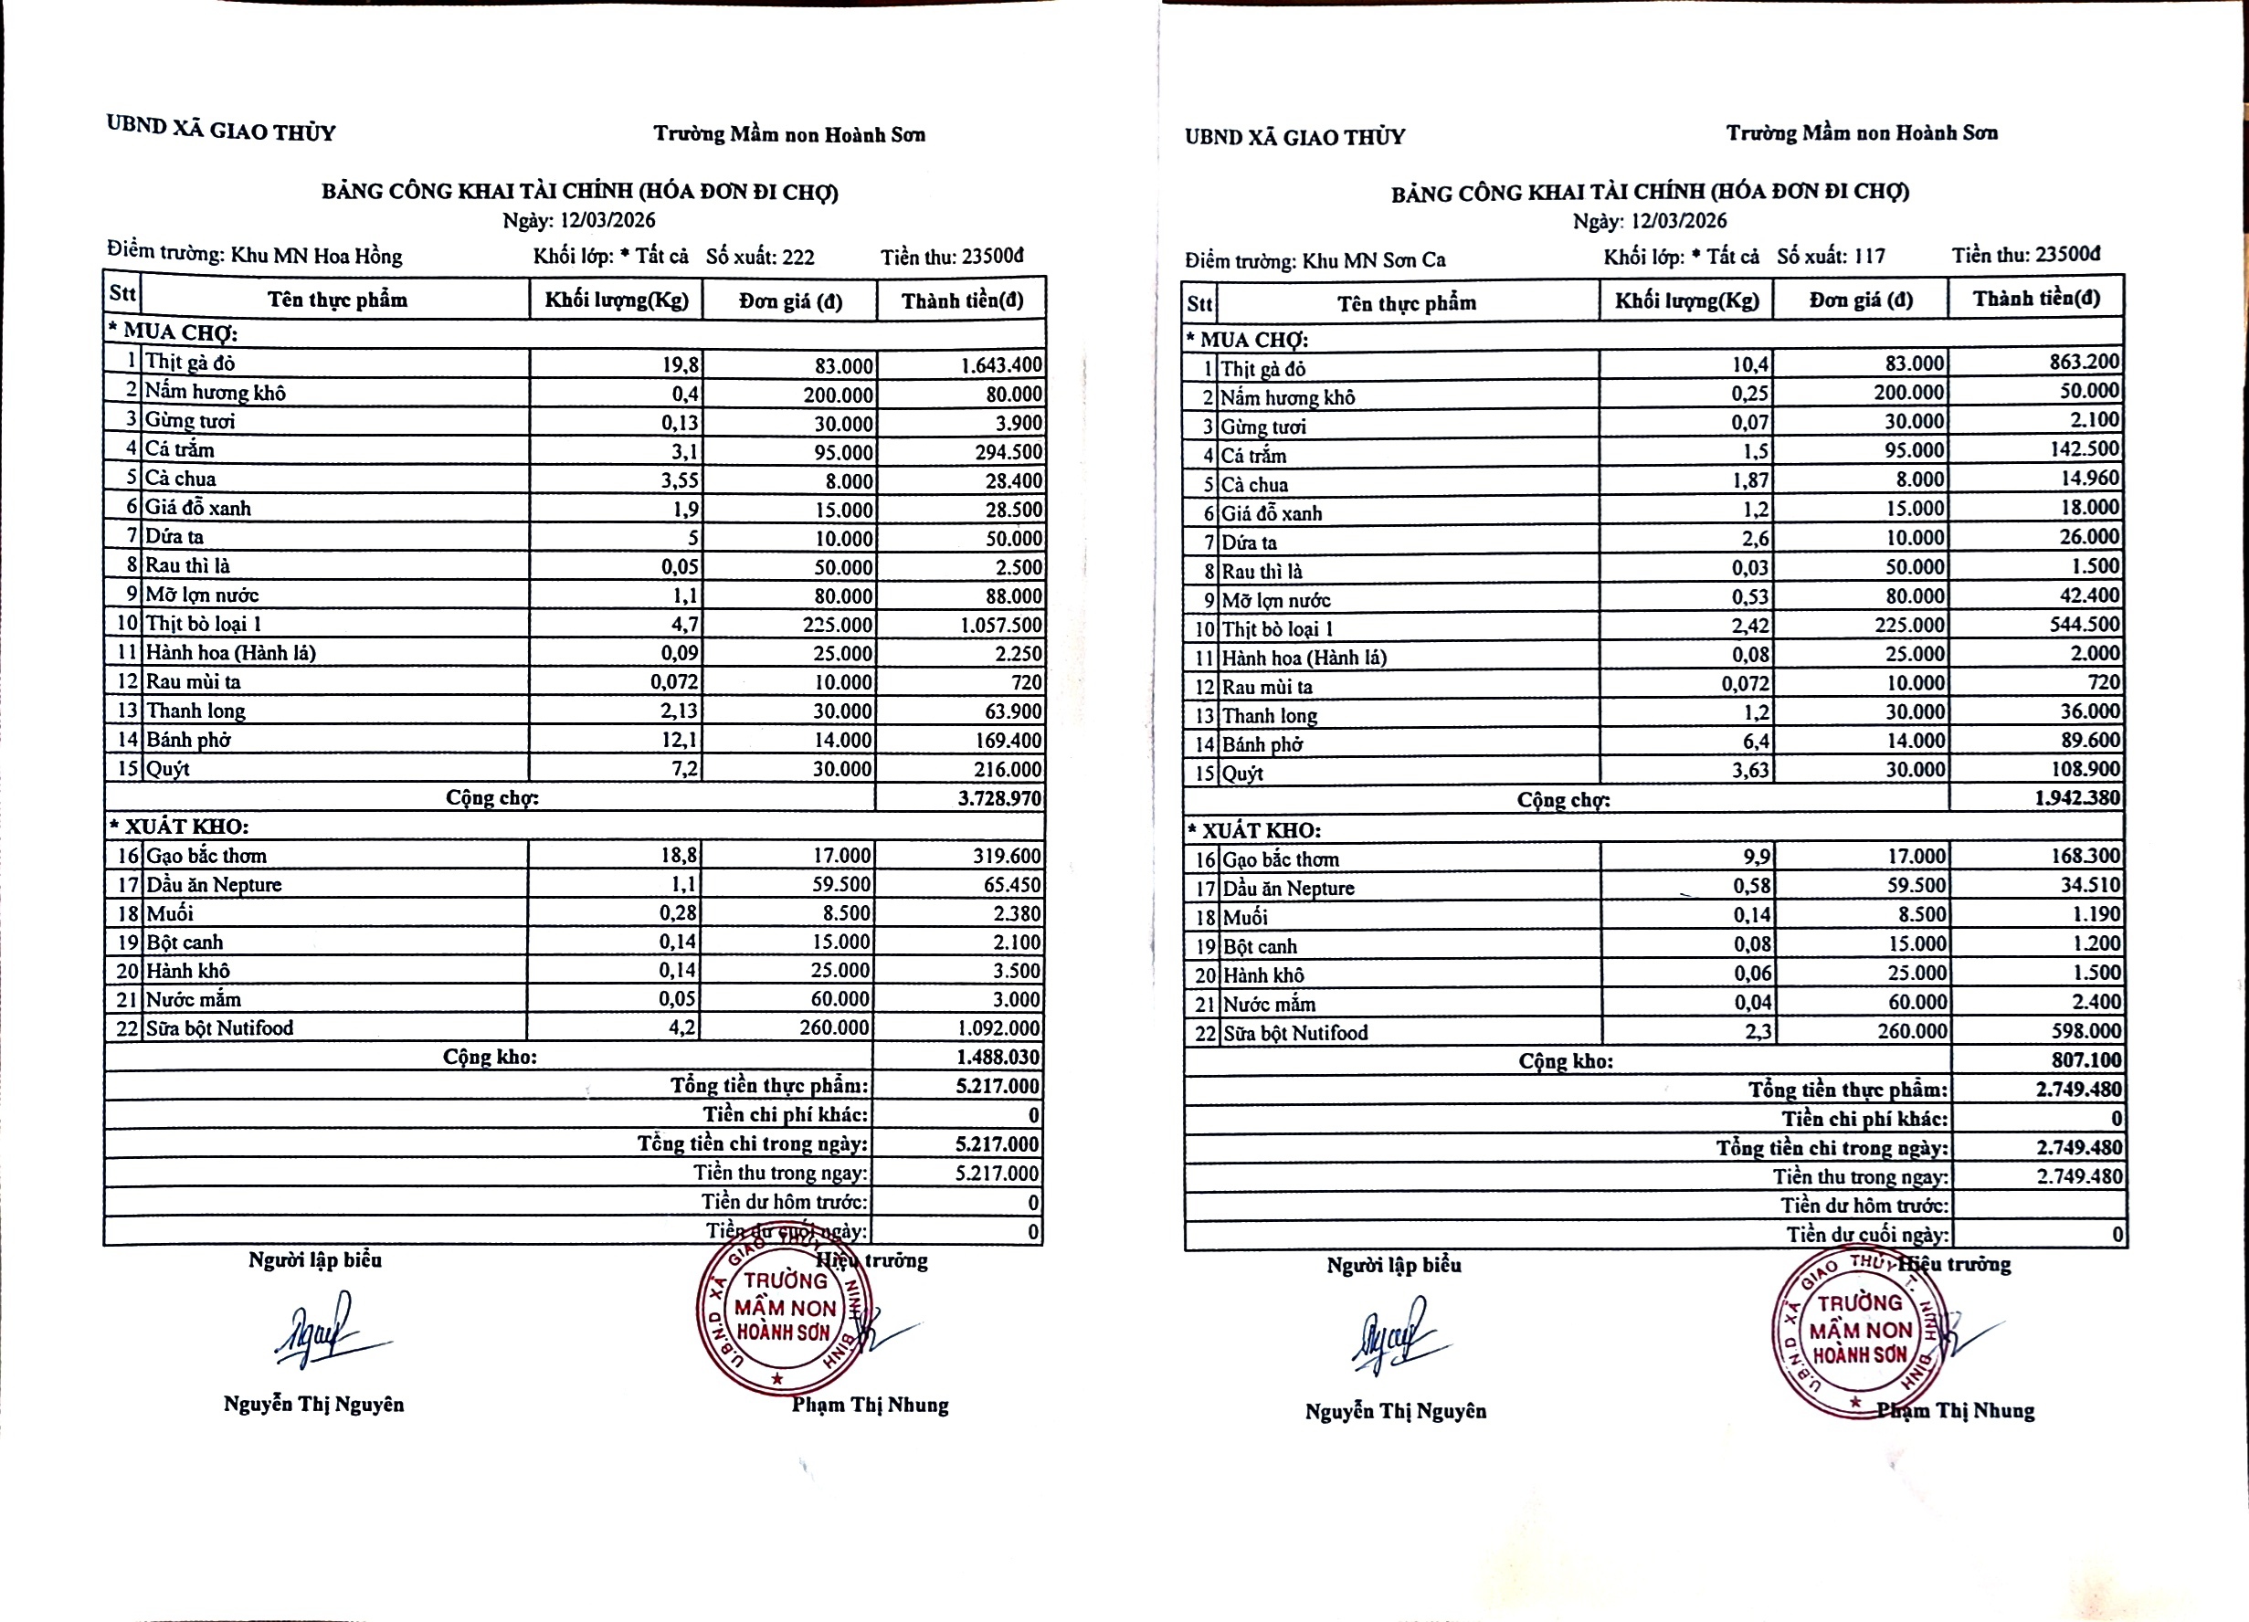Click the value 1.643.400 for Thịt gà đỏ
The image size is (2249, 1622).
pos(1000,364)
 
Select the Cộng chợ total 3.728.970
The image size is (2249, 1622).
pos(999,798)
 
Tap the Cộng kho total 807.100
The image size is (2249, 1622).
pos(2085,1059)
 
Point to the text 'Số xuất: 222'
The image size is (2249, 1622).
pos(760,257)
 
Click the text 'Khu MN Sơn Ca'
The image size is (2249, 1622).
pos(1373,259)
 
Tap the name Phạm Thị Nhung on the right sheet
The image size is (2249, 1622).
pos(1956,1410)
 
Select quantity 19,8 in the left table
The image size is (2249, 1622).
pos(681,364)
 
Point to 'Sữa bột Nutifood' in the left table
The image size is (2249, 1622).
pos(219,1028)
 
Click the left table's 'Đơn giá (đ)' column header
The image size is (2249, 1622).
pos(789,301)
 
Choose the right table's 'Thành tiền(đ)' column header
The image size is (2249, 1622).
pos(2036,299)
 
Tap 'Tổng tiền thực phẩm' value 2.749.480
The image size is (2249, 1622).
pos(2078,1089)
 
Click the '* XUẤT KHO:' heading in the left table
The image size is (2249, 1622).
pos(178,826)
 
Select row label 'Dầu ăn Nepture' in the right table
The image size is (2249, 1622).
pos(1287,889)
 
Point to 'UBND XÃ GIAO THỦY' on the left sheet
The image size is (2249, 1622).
pos(221,129)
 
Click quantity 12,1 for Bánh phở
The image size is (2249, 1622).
pos(680,740)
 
